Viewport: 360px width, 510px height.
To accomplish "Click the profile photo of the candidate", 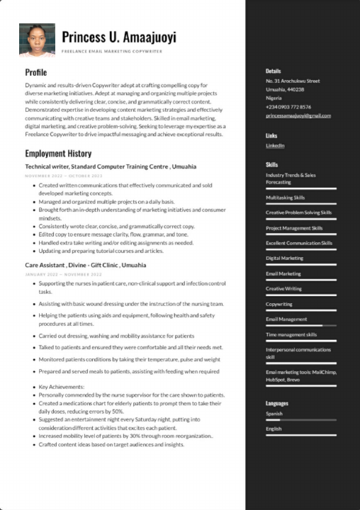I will [37, 40].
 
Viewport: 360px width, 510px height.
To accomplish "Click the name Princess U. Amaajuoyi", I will [119, 37].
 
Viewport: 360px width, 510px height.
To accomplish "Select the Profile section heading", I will [36, 72].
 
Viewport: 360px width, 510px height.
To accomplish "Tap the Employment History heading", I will [58, 154].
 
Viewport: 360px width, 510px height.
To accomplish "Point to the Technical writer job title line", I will [111, 166].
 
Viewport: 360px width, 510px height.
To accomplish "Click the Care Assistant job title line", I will [86, 265].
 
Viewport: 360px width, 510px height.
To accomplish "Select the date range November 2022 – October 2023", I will [64, 175].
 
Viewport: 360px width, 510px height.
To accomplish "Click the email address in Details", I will [298, 115].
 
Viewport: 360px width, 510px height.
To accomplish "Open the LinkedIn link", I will [275, 145].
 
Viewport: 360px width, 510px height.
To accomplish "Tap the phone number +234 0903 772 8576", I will [288, 106].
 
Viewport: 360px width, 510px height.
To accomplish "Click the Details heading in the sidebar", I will [273, 72].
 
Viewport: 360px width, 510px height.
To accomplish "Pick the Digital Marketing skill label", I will [284, 258].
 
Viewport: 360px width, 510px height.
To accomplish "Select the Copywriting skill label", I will [279, 304].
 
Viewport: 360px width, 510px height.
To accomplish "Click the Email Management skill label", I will [286, 319].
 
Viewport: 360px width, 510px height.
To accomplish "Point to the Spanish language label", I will [274, 414].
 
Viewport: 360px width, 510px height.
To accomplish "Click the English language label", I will [274, 429].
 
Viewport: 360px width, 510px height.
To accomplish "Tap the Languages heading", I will [277, 403].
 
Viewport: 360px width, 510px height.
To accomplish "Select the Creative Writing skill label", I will [283, 289].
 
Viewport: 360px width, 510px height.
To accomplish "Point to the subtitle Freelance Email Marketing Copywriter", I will [112, 52].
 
